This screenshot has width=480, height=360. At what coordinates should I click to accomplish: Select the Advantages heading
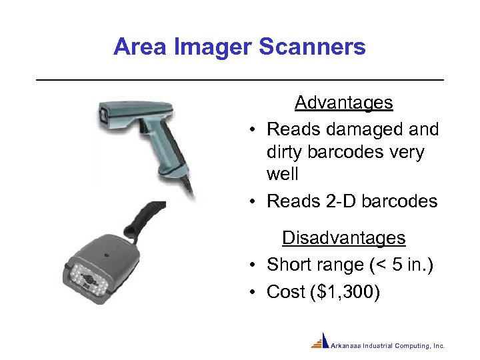[x=343, y=103]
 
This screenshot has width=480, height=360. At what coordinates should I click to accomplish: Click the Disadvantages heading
[x=343, y=238]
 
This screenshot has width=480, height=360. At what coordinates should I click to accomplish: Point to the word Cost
[x=287, y=292]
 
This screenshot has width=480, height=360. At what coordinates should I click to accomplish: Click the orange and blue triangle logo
[x=321, y=341]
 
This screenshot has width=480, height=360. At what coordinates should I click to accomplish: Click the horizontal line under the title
[x=240, y=80]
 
